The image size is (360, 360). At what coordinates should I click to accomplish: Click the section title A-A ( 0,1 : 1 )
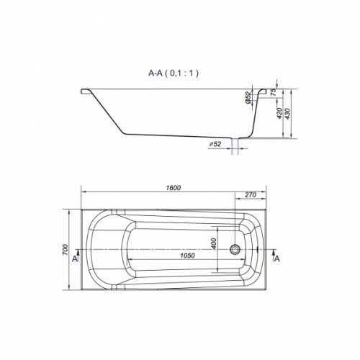click(x=174, y=73)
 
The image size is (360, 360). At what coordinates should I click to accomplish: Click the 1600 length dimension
click(x=174, y=188)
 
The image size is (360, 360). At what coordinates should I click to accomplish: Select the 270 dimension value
click(x=251, y=195)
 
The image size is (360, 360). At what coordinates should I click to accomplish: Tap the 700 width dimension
click(x=66, y=250)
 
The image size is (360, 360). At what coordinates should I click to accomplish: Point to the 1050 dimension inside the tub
click(x=187, y=256)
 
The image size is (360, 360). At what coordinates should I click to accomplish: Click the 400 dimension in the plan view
click(x=214, y=243)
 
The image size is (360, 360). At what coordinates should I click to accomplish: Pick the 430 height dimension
click(x=287, y=114)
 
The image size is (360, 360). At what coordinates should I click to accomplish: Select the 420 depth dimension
click(x=279, y=113)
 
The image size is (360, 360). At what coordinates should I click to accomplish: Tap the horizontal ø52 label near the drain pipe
click(x=215, y=144)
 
